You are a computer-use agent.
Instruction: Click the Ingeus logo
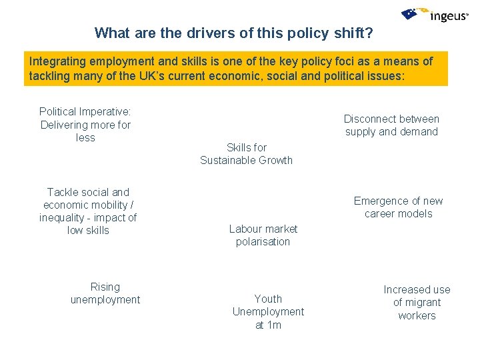[435, 15]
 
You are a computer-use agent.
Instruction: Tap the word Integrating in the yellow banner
[57, 61]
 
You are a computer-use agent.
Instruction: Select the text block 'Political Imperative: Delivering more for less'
[85, 125]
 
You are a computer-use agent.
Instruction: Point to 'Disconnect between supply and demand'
[391, 125]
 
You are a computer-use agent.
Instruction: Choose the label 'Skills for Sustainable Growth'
[247, 153]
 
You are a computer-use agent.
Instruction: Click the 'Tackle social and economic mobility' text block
[88, 211]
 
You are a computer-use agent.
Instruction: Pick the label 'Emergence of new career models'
[398, 207]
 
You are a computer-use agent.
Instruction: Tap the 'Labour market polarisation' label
[263, 235]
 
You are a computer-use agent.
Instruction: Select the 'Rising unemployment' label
[105, 293]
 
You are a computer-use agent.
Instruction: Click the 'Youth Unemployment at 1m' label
[268, 312]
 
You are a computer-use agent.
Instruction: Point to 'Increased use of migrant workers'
[417, 303]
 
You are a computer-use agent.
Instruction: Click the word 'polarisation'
[263, 242]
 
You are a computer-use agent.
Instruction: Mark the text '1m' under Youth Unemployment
[273, 325]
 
